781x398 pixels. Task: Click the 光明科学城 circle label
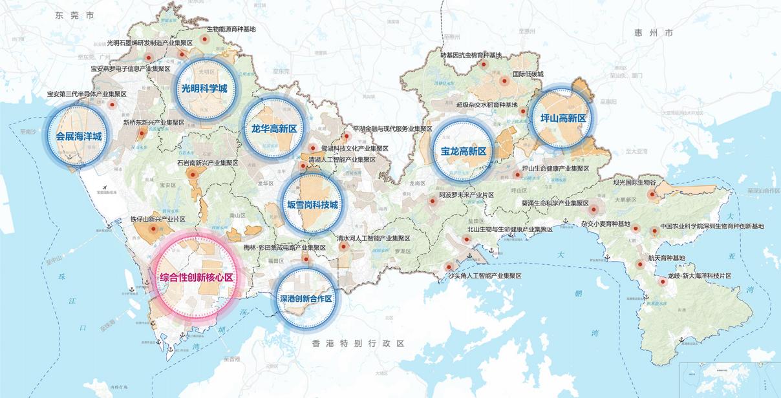pos(204,89)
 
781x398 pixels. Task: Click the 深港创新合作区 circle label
pos(306,299)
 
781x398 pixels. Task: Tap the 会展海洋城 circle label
pos(79,136)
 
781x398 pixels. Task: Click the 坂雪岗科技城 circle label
pos(312,205)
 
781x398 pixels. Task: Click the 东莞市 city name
pos(74,14)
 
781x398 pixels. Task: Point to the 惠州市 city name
pos(653,32)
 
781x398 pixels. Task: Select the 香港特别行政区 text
pos(357,343)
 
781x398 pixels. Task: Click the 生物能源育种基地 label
pos(231,29)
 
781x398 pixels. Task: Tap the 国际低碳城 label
pos(528,74)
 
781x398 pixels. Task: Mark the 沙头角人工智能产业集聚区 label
pos(484,275)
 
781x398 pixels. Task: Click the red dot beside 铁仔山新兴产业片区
pos(153,228)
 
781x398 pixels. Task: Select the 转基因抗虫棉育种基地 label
pos(471,56)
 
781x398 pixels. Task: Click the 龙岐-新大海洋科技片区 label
pos(699,275)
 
